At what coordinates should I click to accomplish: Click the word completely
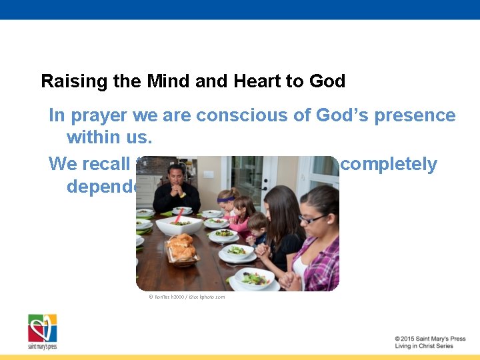coord(388,164)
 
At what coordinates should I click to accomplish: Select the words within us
coord(109,138)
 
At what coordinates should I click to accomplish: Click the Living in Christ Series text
coord(423,346)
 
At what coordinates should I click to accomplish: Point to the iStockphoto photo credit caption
coord(187,297)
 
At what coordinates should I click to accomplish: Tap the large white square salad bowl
coord(179,225)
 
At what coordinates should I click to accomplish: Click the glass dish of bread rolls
coord(180,249)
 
